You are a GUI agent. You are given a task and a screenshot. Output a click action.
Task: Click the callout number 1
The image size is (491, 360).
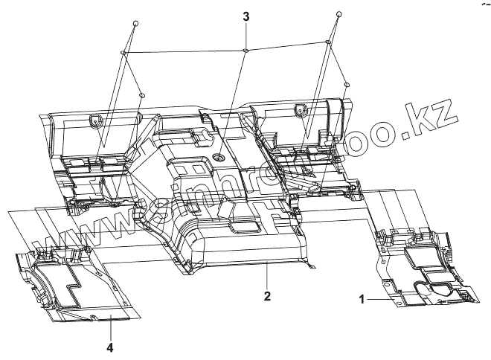tap(362, 299)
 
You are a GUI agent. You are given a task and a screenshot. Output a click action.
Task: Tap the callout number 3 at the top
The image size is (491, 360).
tap(245, 16)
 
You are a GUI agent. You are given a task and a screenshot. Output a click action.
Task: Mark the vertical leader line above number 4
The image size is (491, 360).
tap(110, 327)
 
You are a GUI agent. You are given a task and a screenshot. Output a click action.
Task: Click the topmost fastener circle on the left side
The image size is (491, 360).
tap(135, 24)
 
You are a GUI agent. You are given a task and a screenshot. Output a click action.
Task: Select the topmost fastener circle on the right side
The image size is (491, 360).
tap(338, 15)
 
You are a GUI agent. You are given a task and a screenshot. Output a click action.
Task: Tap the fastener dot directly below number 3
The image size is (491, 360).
tap(245, 51)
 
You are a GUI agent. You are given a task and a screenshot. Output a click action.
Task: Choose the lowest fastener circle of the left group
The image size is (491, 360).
tap(141, 94)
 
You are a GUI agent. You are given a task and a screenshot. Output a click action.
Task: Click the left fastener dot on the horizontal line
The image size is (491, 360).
tap(123, 53)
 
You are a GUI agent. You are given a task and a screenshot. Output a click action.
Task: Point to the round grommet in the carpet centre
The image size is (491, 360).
tap(221, 158)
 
